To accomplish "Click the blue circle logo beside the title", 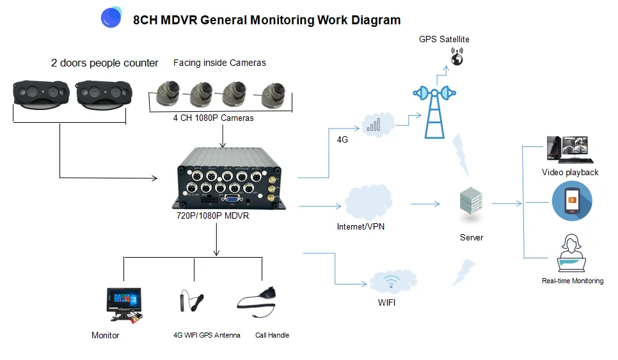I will (111, 18).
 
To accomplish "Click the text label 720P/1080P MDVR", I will (212, 216).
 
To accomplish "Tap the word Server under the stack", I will (471, 237).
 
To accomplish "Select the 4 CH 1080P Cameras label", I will (213, 118).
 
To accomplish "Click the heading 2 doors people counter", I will (105, 63).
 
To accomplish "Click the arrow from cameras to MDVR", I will (222, 136).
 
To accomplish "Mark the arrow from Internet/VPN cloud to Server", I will (425, 204).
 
